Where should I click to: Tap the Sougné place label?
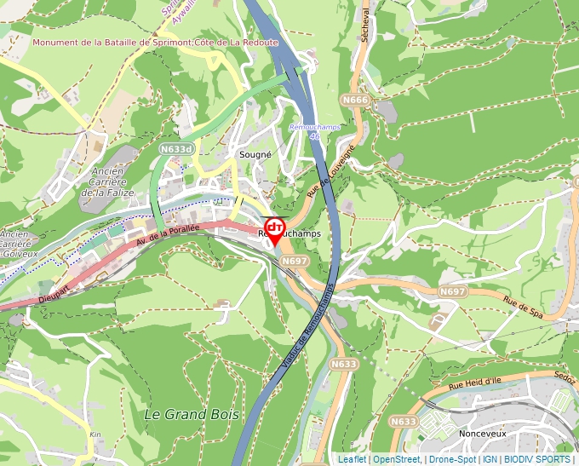[255, 155]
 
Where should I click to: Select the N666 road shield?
[355, 101]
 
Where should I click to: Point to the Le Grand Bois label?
[192, 415]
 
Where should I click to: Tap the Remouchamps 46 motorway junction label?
[316, 131]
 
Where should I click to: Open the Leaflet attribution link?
[352, 459]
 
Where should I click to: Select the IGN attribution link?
[490, 459]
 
